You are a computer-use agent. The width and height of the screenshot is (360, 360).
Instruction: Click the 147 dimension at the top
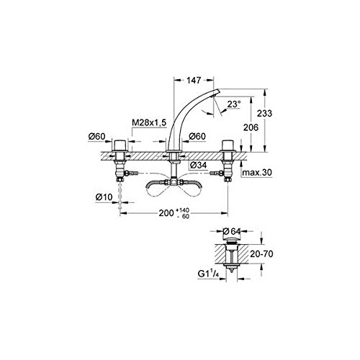pos(194,80)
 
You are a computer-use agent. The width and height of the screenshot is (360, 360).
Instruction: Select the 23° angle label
pos(234,104)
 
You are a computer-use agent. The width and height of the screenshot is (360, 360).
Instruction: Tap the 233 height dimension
pos(264,113)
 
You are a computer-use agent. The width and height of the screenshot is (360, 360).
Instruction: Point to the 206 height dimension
pos(251,127)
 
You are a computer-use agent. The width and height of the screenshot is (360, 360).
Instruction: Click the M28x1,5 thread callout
pos(149,122)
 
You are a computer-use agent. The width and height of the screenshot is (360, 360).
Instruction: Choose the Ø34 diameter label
pos(199,165)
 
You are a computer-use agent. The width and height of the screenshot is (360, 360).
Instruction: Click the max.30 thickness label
pos(257,172)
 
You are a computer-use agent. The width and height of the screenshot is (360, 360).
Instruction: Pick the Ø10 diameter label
pos(104,197)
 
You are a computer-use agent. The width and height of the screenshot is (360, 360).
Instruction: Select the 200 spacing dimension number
pos(166,212)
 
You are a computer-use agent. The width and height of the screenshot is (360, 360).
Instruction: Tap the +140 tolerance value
pos(183,210)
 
